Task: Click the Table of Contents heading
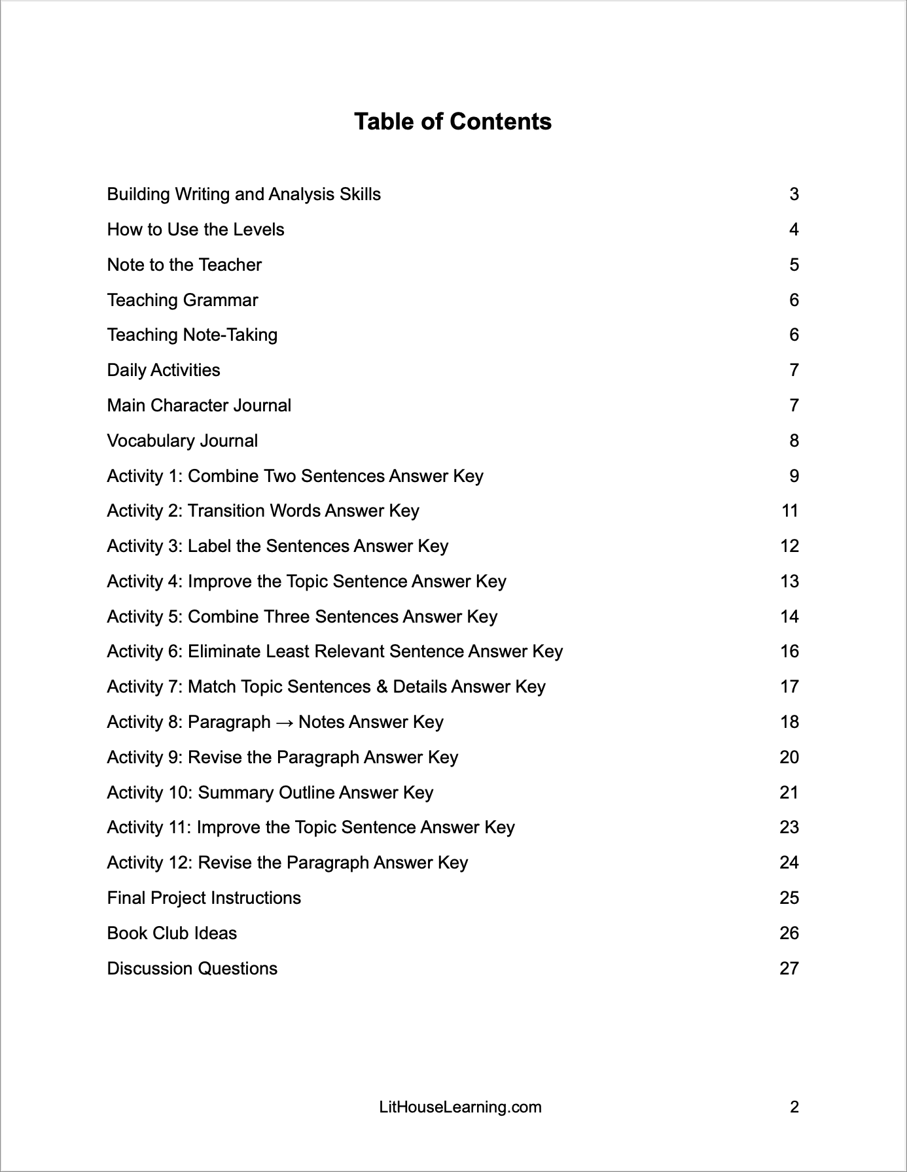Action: tap(453, 122)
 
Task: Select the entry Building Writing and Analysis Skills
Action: tap(243, 194)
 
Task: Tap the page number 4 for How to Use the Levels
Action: tap(794, 230)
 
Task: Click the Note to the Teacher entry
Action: tap(184, 265)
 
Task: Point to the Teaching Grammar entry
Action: tap(182, 300)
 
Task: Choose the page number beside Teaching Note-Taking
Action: tap(794, 335)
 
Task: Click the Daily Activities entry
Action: tap(164, 370)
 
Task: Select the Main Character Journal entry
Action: tap(199, 405)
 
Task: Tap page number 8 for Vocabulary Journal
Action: tap(794, 441)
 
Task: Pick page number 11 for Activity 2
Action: tap(790, 511)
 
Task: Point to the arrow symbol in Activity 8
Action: tap(285, 722)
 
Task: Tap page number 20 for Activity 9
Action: tap(789, 757)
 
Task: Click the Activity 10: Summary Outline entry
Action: tap(270, 793)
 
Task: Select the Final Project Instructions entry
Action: tap(204, 898)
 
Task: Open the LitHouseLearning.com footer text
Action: tap(460, 1107)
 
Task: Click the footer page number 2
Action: tap(794, 1107)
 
